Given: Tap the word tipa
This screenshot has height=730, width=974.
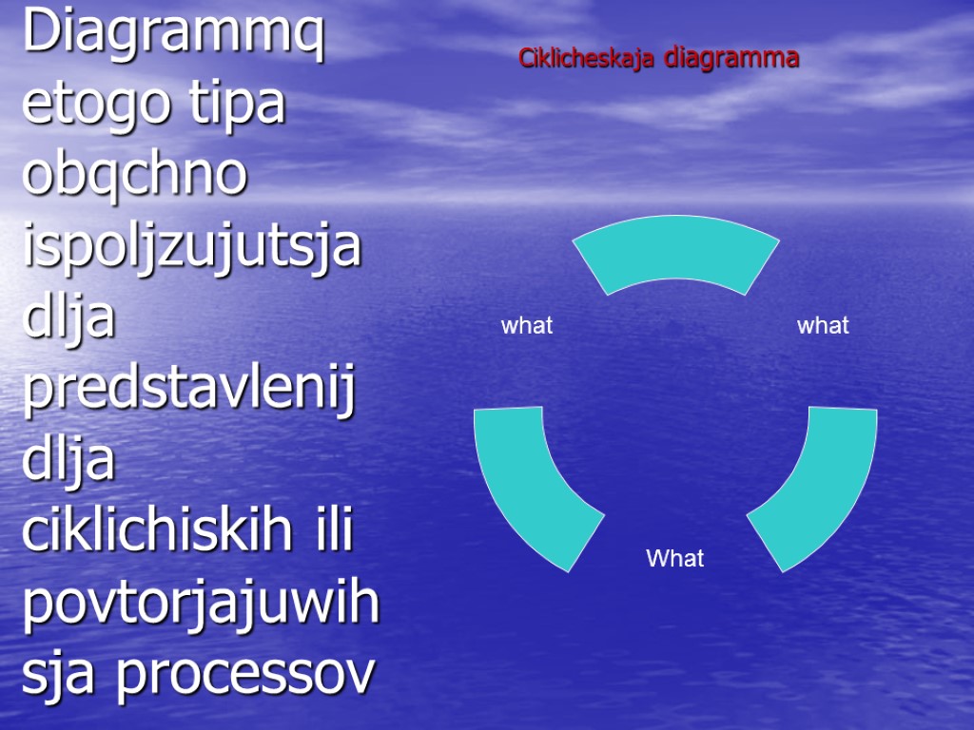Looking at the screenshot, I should click(238, 105).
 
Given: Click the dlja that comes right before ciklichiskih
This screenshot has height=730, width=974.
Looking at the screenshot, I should click(68, 460).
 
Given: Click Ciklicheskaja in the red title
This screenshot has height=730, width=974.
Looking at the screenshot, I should click(587, 59).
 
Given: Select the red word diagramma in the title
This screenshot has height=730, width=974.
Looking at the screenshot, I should click(731, 59).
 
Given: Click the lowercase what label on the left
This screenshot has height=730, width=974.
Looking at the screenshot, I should click(527, 326).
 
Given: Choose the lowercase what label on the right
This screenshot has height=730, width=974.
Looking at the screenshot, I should click(823, 326).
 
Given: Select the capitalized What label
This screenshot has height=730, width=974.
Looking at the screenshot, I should click(675, 559).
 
